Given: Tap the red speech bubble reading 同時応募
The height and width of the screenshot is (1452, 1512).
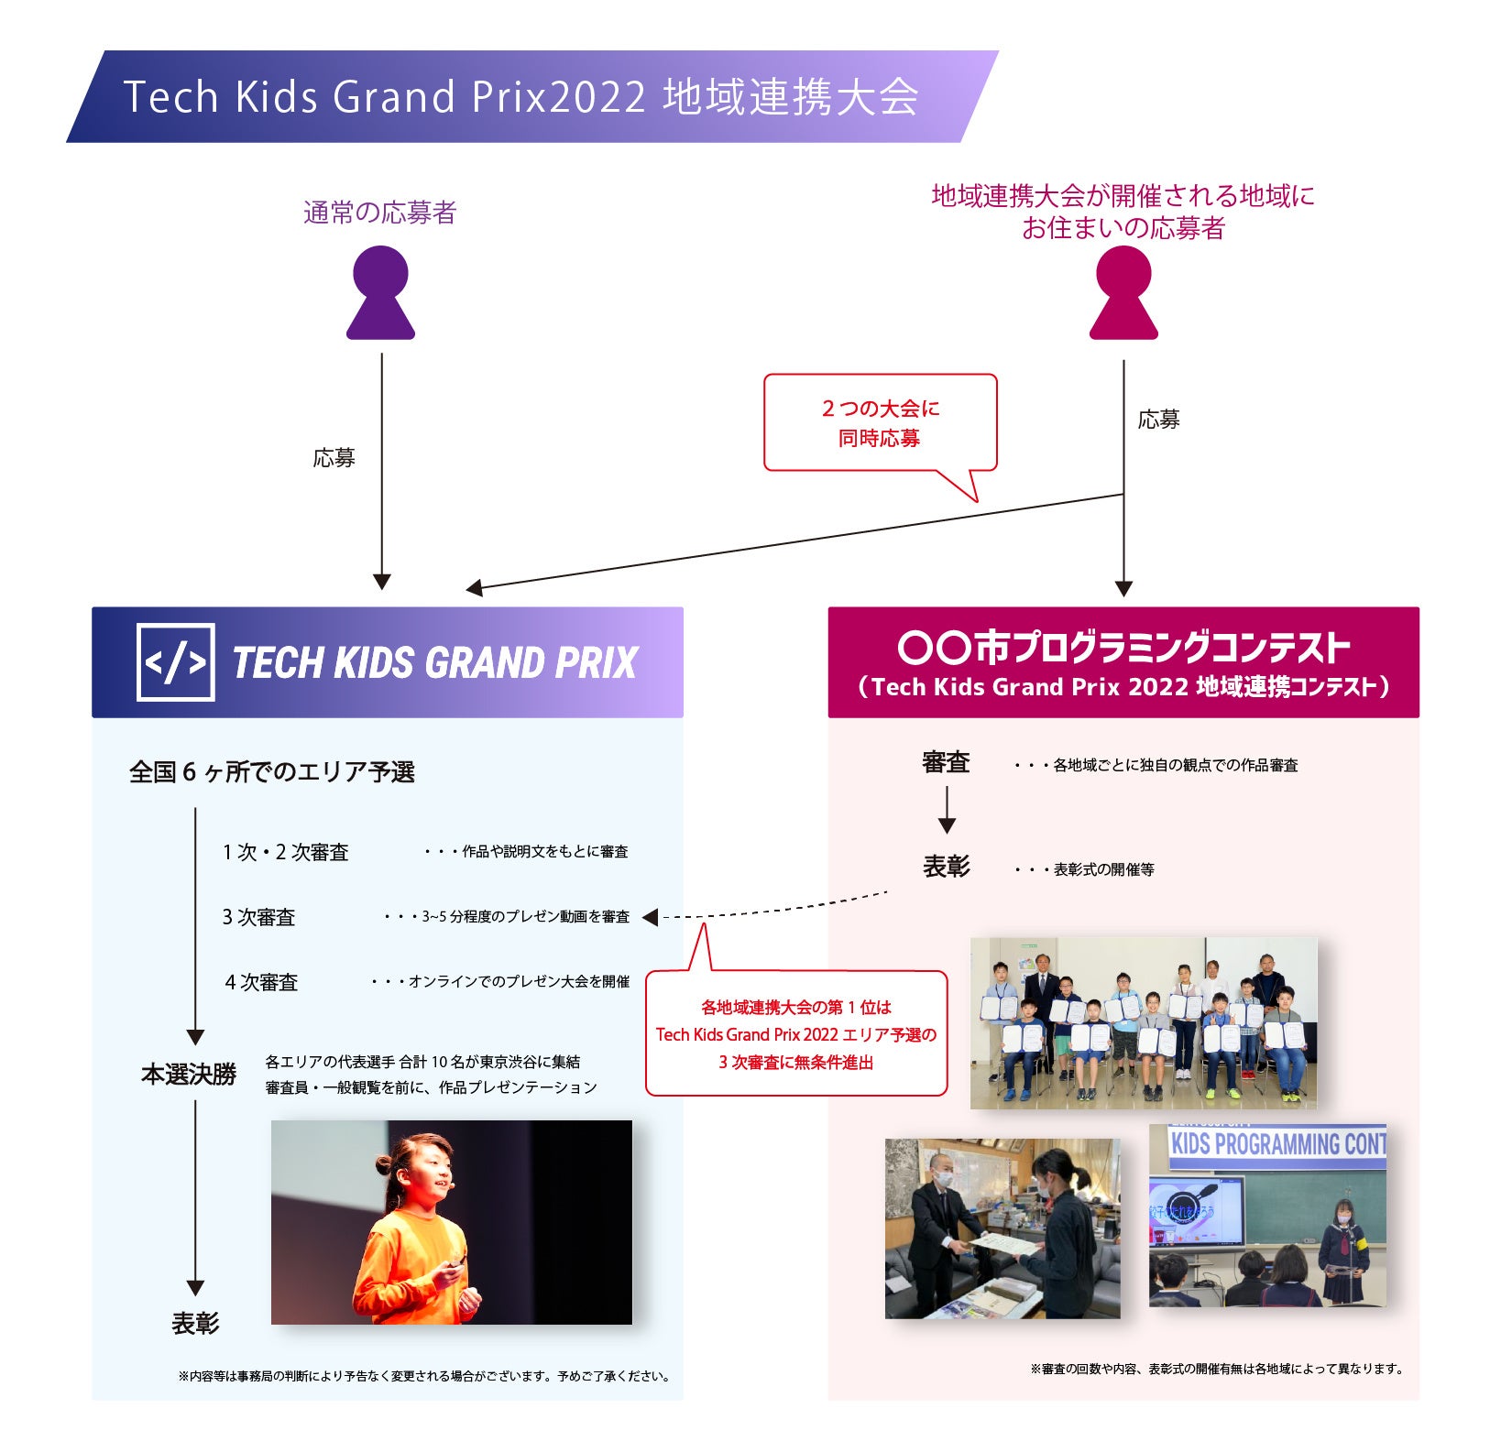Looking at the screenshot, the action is click(880, 423).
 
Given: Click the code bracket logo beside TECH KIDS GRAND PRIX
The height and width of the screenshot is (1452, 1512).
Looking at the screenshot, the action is click(176, 662).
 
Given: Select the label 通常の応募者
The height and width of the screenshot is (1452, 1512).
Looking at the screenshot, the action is click(379, 213).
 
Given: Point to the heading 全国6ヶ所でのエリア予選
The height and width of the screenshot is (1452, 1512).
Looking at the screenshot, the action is click(272, 772).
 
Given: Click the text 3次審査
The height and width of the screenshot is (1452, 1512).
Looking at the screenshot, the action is click(258, 917).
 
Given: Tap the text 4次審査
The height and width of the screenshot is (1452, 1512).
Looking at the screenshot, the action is click(261, 982).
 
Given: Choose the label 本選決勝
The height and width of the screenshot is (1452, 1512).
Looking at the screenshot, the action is click(189, 1074).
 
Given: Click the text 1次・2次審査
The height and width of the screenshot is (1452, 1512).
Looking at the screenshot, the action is click(285, 852).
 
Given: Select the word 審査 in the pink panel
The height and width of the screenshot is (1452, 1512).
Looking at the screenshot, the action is click(946, 762).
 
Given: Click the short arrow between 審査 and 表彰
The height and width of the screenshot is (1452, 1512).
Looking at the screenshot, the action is click(947, 812).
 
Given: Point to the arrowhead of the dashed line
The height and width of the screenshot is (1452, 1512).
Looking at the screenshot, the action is click(650, 917).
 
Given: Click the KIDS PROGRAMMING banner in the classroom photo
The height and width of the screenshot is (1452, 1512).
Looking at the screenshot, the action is click(1277, 1145).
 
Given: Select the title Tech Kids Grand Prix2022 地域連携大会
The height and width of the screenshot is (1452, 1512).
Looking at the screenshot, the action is click(520, 97).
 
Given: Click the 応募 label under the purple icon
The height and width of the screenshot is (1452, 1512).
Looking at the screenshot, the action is click(334, 458).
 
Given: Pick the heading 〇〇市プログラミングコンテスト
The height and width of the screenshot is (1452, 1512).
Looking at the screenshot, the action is click(1123, 647).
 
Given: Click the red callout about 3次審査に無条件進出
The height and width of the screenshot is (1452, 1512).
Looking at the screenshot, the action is click(795, 1034).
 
